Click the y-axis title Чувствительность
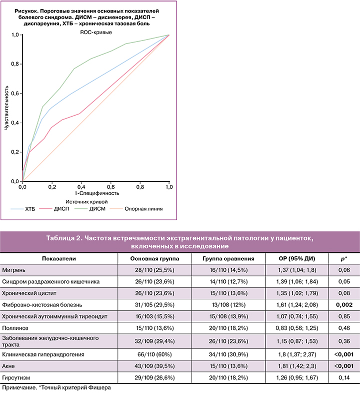pos(6,108)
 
